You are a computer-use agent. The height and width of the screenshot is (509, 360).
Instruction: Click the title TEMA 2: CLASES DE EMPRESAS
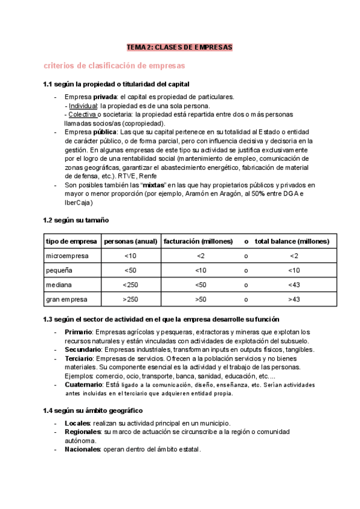point(179,47)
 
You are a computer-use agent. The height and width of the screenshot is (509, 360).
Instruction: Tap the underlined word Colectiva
point(83,114)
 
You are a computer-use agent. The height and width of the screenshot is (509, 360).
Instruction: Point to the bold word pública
point(105,131)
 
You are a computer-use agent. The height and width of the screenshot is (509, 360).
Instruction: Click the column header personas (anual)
point(130,241)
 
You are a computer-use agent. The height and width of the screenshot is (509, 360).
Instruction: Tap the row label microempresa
point(67,256)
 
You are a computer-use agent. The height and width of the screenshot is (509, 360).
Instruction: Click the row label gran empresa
point(67,299)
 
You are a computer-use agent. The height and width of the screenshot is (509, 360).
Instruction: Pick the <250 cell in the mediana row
point(130,285)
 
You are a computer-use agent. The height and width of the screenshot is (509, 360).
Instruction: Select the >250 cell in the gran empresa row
point(130,299)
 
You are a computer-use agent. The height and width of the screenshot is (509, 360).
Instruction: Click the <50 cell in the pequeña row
point(130,271)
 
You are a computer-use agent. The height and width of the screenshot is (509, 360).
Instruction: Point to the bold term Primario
point(78,332)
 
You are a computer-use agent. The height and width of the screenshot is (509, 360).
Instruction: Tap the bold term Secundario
point(82,349)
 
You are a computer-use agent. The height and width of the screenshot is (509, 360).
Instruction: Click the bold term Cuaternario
point(83,384)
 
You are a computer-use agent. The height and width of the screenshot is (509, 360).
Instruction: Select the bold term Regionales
point(83,432)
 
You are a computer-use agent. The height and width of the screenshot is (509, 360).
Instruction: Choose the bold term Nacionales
point(83,449)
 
